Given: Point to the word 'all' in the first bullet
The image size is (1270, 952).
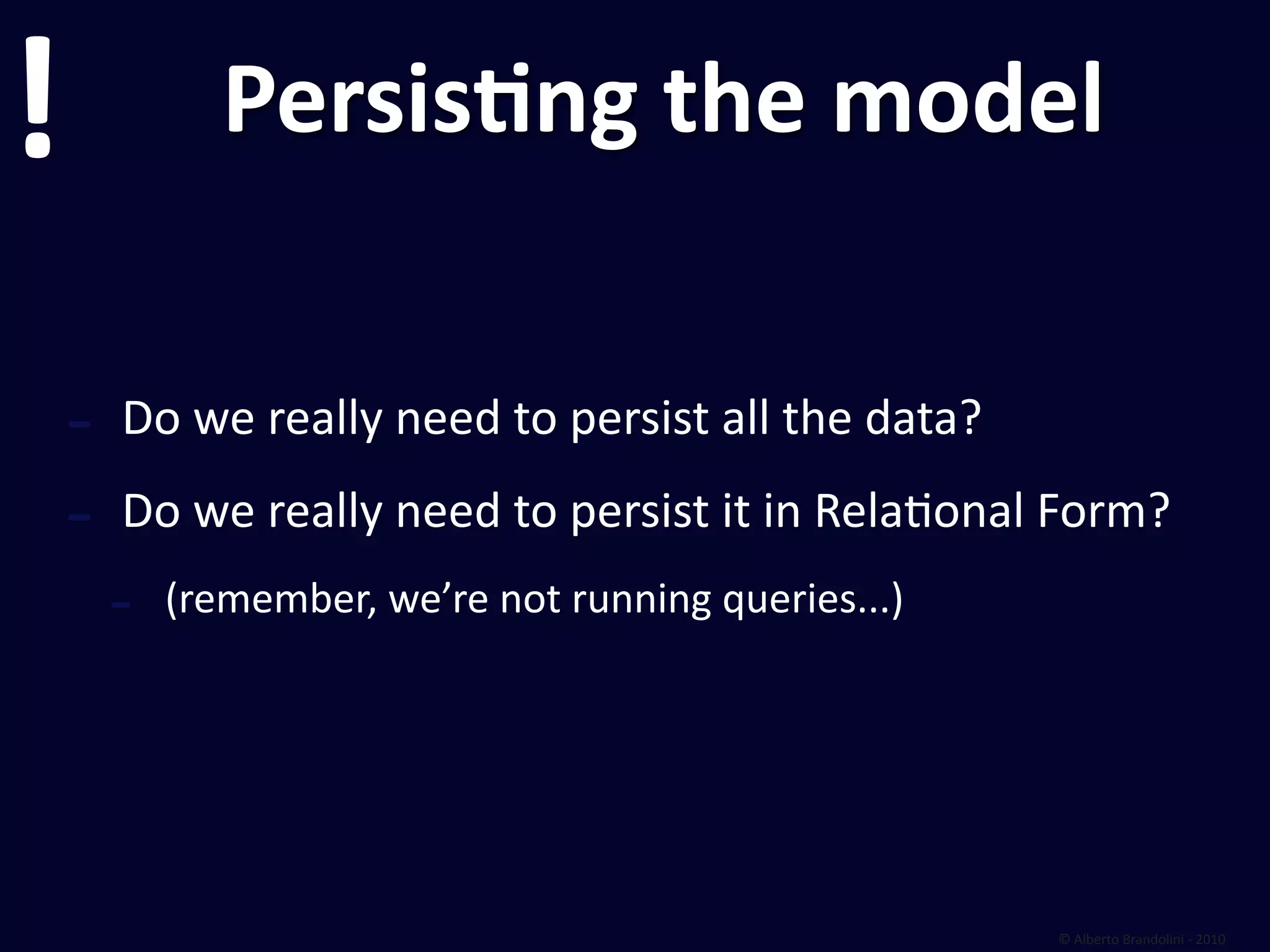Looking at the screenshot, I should [748, 418].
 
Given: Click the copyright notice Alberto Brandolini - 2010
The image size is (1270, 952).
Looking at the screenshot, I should [1143, 939].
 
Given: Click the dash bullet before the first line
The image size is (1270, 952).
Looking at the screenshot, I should [79, 425].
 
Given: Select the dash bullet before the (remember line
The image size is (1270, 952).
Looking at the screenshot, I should [120, 604].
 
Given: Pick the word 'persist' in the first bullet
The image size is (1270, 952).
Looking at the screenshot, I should [639, 418].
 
